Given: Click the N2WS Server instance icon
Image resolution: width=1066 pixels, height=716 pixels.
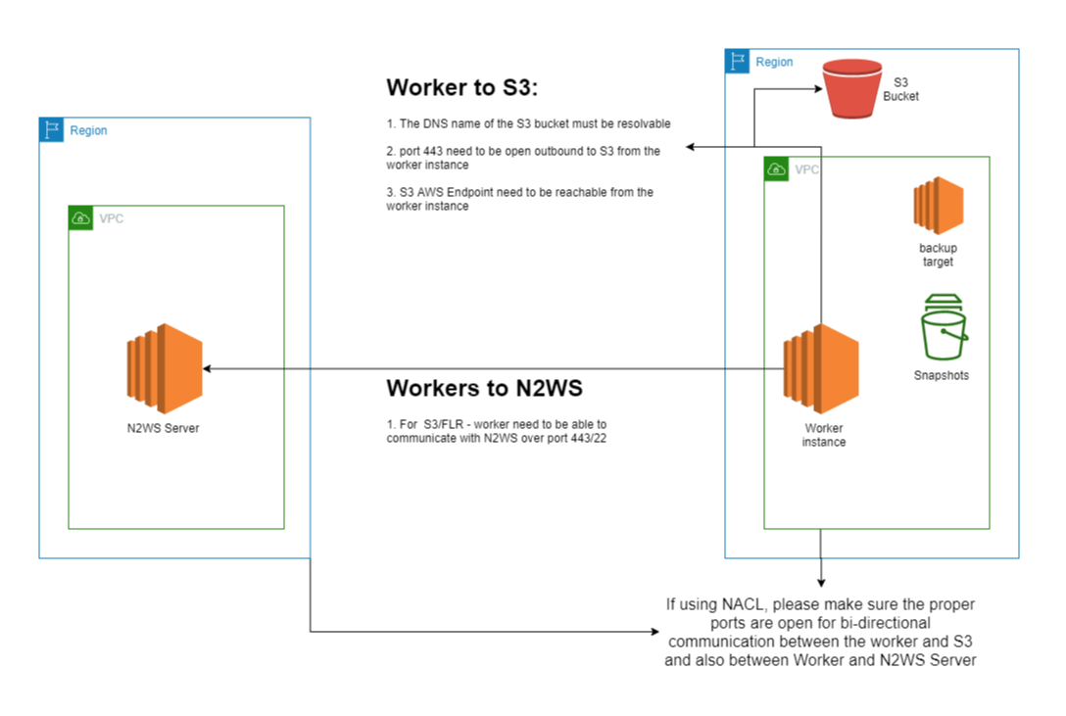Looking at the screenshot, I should pyautogui.click(x=165, y=368).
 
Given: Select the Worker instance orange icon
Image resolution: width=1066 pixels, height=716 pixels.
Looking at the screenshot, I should pyautogui.click(x=821, y=369).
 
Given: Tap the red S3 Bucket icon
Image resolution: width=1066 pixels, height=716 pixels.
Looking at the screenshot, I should pyautogui.click(x=851, y=89).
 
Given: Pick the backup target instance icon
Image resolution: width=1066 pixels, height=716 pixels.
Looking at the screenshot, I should pyautogui.click(x=938, y=205).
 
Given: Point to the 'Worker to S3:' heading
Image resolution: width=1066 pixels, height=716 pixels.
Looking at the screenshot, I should pyautogui.click(x=462, y=87).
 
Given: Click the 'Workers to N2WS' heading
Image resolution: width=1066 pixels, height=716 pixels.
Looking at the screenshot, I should pyautogui.click(x=484, y=387).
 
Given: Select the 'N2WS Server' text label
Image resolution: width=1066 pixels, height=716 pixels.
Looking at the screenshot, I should pyautogui.click(x=164, y=428).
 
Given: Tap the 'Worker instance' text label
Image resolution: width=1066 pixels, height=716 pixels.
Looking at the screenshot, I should pyautogui.click(x=823, y=435).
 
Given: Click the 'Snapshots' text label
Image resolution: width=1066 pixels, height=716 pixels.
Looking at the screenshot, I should pyautogui.click(x=941, y=375).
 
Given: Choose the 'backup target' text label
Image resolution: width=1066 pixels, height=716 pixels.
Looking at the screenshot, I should pyautogui.click(x=937, y=255).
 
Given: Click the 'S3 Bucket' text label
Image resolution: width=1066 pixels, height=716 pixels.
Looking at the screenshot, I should pyautogui.click(x=900, y=90).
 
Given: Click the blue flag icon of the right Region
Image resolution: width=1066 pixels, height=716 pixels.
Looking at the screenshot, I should pyautogui.click(x=737, y=62).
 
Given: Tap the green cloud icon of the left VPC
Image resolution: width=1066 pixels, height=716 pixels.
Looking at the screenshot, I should pyautogui.click(x=80, y=217).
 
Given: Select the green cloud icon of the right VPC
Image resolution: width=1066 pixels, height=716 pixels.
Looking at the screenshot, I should pyautogui.click(x=776, y=168).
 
